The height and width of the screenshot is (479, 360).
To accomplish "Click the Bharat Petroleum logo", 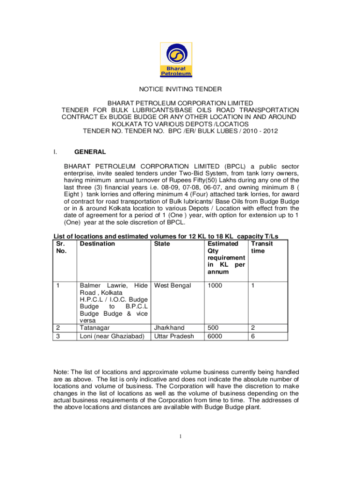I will point(176,60).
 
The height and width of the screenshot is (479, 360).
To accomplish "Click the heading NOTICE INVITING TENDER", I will point(180,89).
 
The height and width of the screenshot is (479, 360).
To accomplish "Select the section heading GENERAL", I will point(90,152).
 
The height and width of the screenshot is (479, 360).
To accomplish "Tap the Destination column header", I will point(97,244).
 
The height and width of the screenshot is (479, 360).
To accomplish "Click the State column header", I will point(162,244).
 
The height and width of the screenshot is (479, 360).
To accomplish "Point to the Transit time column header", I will point(262,247).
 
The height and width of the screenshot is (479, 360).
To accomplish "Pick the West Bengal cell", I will point(173,285).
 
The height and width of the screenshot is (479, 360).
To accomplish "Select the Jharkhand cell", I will point(169,328).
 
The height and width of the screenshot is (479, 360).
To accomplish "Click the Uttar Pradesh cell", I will point(174,336).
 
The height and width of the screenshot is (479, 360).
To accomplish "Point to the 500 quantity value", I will point(214,328).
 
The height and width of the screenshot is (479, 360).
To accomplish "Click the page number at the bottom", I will point(180,437).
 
